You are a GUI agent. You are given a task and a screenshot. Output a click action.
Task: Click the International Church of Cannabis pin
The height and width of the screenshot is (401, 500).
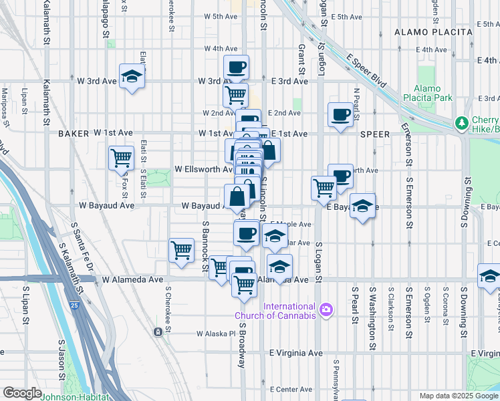click(326, 309)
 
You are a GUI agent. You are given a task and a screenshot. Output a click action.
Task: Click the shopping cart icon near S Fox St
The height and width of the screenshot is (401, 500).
click(121, 158)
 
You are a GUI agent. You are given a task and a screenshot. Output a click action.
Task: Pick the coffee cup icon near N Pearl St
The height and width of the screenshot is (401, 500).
click(341, 114)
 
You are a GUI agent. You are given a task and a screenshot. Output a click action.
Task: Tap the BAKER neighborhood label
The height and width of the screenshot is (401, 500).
click(74, 134)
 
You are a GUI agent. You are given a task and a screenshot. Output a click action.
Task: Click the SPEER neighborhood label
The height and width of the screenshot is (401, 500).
click(374, 134)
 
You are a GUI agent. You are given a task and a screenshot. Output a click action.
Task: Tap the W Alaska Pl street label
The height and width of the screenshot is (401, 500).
click(217, 333)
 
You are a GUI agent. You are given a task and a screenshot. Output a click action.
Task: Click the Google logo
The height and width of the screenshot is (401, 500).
click(23, 393)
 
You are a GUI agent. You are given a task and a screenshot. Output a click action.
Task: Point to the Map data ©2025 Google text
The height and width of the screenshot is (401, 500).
click(459, 396)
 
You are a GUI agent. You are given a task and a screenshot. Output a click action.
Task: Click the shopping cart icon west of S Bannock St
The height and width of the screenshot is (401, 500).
click(181, 250)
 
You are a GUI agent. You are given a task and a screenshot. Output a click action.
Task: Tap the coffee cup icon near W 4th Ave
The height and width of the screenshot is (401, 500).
click(236, 67)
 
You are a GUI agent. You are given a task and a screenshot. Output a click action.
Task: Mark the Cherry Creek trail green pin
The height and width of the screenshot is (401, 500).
click(461, 123)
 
